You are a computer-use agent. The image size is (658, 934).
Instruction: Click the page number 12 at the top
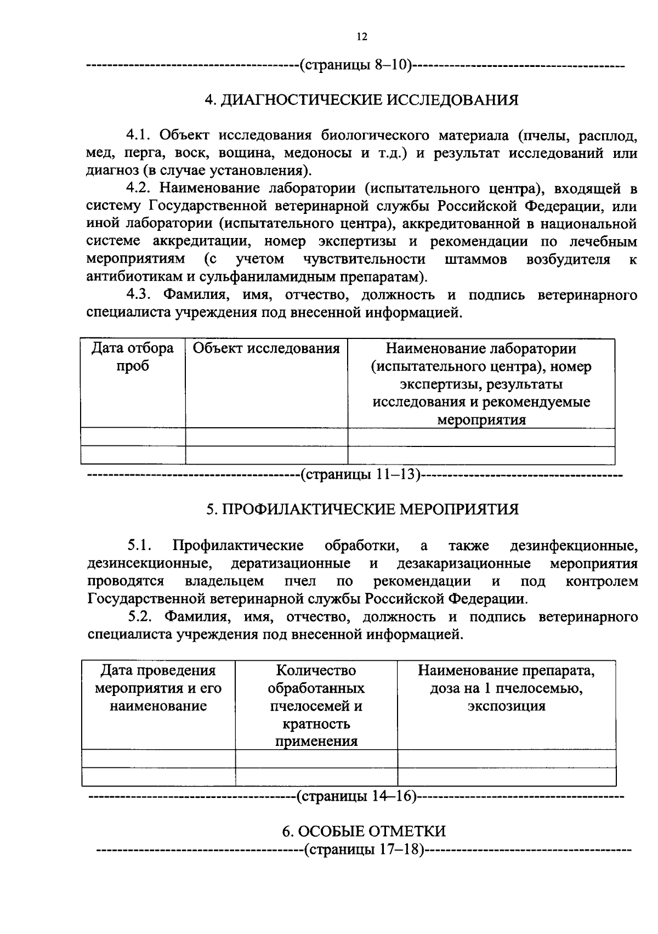point(361,37)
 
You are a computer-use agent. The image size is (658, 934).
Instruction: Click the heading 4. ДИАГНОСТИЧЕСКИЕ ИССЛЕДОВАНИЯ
point(361,100)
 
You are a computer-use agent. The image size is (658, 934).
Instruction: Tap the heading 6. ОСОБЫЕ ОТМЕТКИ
point(364,831)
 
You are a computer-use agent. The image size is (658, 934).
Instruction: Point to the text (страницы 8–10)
point(355,66)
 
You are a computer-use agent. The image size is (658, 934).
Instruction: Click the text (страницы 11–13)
point(360,474)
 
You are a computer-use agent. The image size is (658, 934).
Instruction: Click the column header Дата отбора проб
point(133,357)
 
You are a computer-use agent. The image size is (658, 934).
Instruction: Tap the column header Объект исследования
point(266,348)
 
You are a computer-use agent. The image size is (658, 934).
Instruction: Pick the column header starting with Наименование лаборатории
point(481,384)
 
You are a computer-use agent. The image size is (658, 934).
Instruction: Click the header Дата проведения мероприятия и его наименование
point(158,688)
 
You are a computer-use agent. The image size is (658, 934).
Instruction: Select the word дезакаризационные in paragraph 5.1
point(463,563)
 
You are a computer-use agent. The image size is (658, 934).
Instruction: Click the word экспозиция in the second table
point(506,706)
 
